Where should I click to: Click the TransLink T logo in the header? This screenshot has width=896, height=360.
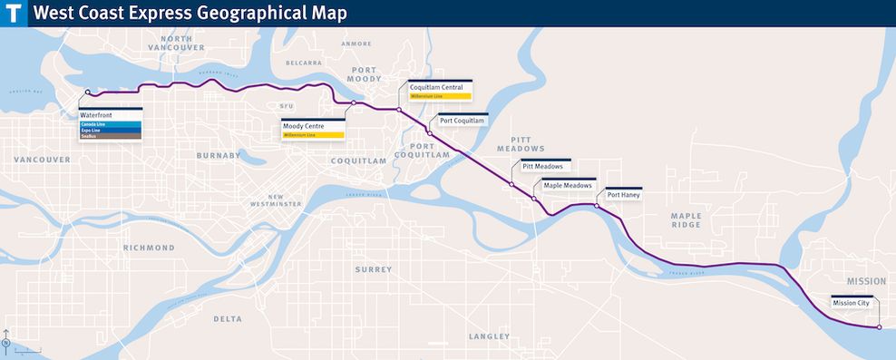(14, 14)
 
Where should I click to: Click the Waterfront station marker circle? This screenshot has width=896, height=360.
(87, 92)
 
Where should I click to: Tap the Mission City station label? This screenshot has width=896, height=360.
(851, 303)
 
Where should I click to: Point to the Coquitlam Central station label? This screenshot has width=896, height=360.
(436, 87)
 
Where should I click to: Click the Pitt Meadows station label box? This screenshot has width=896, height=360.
(542, 167)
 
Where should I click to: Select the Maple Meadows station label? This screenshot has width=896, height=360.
(567, 185)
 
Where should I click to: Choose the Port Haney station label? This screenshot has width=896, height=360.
(623, 195)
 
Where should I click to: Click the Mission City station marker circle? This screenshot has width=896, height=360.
(879, 327)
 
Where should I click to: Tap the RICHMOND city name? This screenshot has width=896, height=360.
(149, 248)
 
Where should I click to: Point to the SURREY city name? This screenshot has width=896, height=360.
(374, 269)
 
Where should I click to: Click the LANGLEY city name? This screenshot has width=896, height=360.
(489, 336)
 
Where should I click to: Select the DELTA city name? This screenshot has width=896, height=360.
(229, 318)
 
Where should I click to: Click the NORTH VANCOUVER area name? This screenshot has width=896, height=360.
(177, 44)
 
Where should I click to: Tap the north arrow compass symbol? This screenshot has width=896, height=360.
(7, 341)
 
